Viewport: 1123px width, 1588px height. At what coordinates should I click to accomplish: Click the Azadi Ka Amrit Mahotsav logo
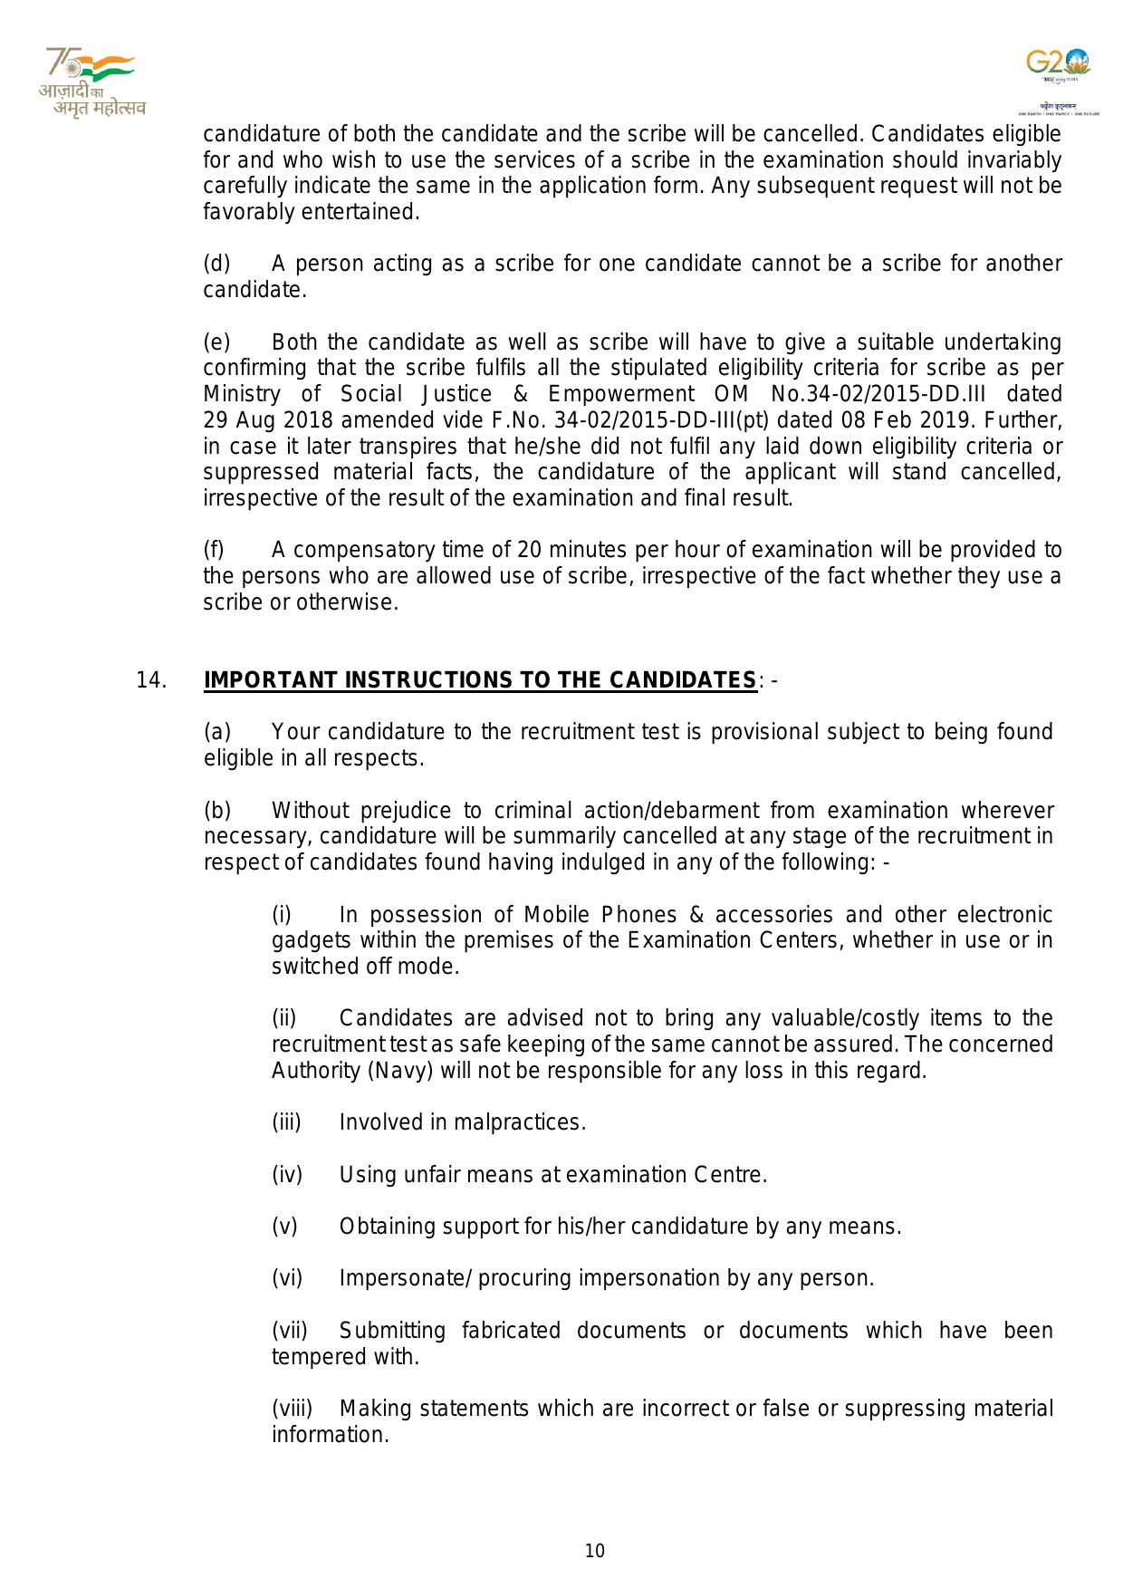coord(91,82)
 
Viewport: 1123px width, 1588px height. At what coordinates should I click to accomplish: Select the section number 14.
coord(150,680)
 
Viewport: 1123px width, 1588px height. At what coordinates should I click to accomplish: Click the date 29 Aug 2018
coord(256,420)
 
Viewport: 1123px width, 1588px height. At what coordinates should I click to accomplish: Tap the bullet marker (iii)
coord(286,1122)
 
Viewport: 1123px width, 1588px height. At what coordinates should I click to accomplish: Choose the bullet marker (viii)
coord(292,1409)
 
